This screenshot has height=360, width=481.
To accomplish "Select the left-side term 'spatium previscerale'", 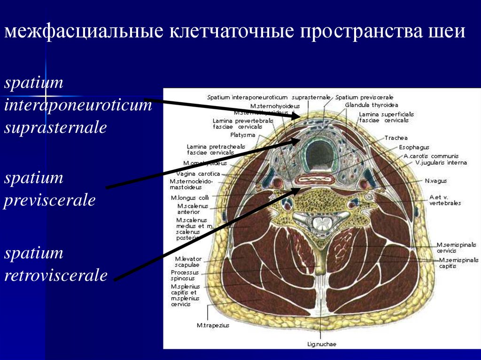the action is coord(50,189).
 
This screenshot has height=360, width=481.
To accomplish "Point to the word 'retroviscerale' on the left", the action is coord(55,275).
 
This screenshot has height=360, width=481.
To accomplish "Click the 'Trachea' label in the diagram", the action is coord(396,138).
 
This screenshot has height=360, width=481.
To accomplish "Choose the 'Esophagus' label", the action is coord(414,147).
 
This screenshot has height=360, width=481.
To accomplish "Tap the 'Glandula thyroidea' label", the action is coord(371,105).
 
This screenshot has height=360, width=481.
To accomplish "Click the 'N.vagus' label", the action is coord(435,180).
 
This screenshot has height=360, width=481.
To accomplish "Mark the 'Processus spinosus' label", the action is coord(185,276).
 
